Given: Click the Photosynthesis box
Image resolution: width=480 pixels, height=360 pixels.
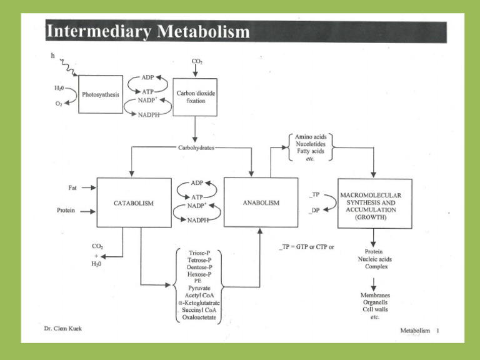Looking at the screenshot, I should [100, 95].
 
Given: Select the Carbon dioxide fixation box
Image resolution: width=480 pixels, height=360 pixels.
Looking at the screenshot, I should [195, 96].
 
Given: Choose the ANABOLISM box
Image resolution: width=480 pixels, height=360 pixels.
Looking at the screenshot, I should [261, 202].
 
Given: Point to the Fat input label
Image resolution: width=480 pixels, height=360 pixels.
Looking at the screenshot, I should [73, 187].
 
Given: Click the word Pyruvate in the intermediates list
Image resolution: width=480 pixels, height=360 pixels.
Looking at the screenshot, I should [198, 288].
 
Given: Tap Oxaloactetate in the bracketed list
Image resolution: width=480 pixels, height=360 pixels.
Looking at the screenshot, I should [198, 318].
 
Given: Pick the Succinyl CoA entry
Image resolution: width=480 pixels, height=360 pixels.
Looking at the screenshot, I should [198, 311].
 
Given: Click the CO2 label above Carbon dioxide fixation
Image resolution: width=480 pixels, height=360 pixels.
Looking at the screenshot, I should [196, 61].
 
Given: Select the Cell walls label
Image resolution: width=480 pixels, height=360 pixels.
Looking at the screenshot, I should [374, 309].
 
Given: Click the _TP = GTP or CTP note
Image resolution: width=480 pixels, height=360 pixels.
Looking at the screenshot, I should [307, 247].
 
